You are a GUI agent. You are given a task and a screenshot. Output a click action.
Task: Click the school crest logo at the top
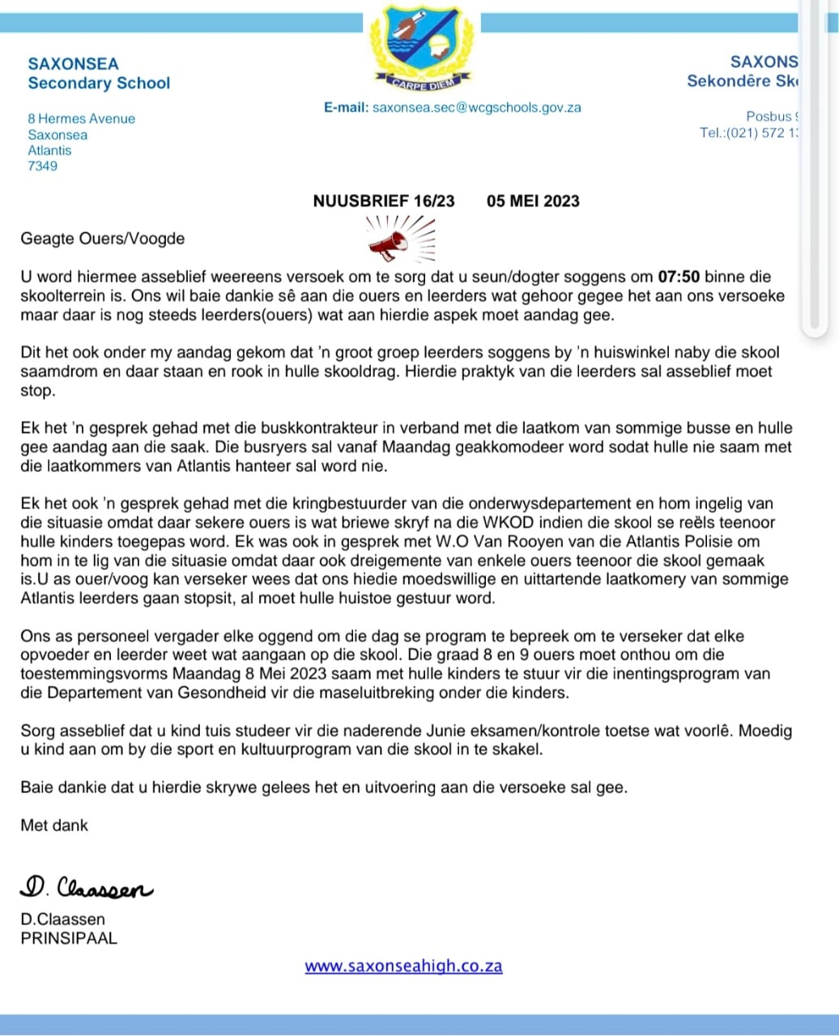(x=419, y=45)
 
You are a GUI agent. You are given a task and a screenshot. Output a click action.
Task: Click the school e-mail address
(x=476, y=108)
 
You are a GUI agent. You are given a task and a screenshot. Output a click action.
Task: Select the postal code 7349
(x=42, y=167)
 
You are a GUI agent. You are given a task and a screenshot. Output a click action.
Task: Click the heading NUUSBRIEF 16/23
(x=384, y=202)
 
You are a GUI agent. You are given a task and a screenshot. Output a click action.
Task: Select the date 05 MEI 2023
(x=533, y=202)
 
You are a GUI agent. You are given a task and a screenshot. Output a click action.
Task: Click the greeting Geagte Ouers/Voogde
(x=103, y=239)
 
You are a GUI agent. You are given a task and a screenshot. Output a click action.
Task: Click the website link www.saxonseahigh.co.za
(x=403, y=966)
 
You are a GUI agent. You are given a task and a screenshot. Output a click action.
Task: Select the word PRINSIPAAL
(x=69, y=939)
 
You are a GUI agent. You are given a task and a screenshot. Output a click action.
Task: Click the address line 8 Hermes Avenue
(x=82, y=119)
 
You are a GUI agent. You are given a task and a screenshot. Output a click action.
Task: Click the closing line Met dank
(x=54, y=826)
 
